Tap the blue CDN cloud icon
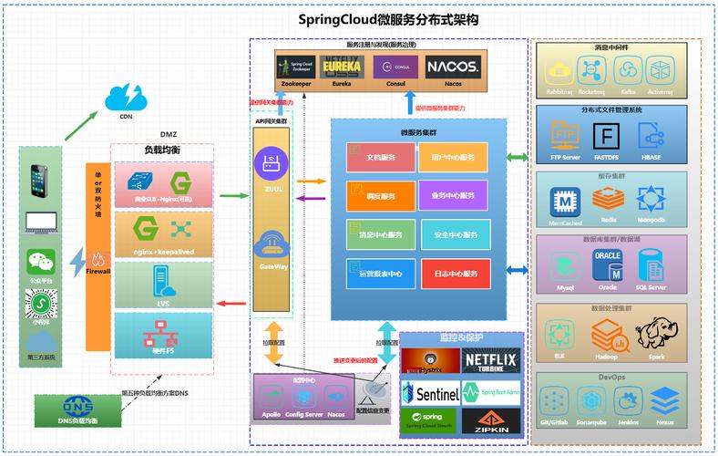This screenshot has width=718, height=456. click(x=125, y=97)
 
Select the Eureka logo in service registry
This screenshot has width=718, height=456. click(x=341, y=67)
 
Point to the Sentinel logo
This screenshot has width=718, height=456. click(x=430, y=394)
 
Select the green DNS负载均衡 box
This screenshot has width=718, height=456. click(x=78, y=409)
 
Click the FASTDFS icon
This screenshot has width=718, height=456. click(x=606, y=135)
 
